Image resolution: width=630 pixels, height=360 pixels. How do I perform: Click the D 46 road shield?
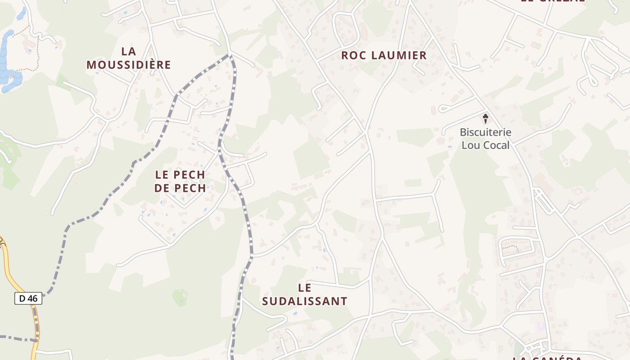click(28, 298)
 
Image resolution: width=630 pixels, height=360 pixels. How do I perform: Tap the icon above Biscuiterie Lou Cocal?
click(486, 119)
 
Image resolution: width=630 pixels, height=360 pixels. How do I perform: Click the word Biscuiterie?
click(485, 132)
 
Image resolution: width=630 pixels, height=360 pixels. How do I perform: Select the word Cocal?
click(497, 145)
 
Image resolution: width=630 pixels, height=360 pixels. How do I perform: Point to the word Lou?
click(472, 145)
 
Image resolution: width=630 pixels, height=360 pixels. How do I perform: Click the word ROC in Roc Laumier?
click(353, 55)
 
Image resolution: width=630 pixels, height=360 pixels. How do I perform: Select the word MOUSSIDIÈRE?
click(129, 65)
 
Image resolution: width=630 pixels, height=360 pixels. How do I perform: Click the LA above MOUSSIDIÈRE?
click(129, 51)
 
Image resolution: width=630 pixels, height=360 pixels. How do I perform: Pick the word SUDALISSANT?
click(305, 301)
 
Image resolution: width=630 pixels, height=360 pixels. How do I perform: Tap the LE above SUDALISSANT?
click(305, 288)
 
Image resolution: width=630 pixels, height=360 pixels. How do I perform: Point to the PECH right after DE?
click(191, 188)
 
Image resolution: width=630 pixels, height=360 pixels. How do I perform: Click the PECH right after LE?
click(189, 175)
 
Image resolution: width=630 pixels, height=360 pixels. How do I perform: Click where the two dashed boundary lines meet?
click(230, 55)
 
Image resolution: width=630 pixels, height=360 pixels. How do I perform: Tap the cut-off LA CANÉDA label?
click(547, 358)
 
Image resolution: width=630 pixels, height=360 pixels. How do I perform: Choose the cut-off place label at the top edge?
click(553, 1)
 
